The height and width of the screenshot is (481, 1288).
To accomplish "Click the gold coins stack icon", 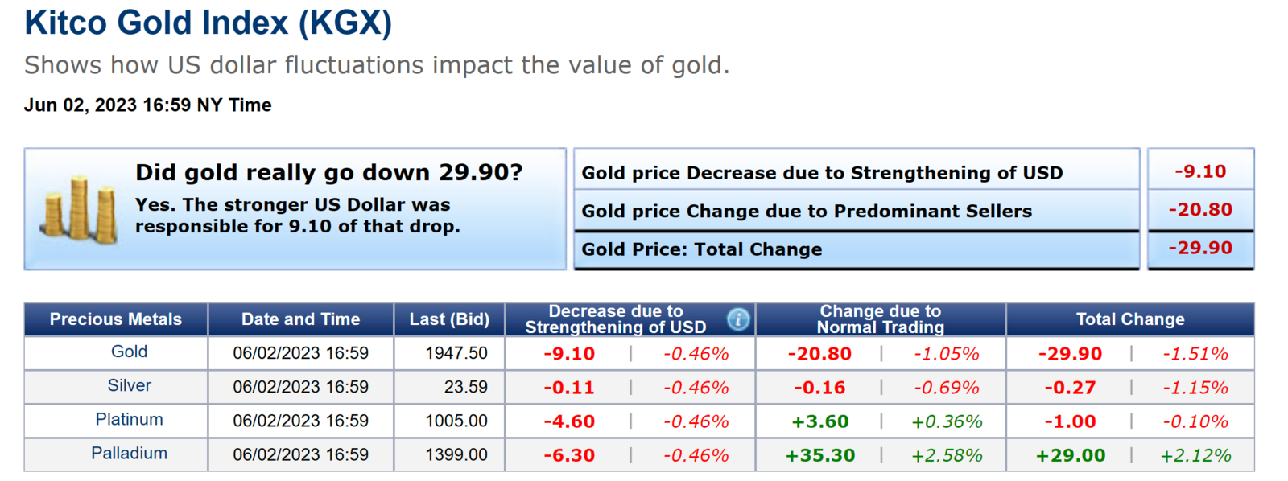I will (x=80, y=210).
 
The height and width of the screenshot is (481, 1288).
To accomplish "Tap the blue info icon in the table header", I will (x=738, y=319).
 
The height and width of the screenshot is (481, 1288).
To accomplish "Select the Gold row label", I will (x=129, y=351).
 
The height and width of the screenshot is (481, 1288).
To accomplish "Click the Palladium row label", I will (x=129, y=454).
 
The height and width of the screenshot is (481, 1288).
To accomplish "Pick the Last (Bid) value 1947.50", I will (x=456, y=353).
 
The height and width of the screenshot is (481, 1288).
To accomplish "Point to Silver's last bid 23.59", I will (x=465, y=387).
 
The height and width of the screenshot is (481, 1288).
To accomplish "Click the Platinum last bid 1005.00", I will (x=456, y=421).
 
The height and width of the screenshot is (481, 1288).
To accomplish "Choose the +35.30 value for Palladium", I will (x=820, y=455).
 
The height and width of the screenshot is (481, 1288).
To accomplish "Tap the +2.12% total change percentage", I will (x=1195, y=455).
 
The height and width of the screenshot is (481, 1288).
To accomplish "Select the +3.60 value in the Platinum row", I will (x=820, y=421).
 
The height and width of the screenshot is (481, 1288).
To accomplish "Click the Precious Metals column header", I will (x=116, y=319).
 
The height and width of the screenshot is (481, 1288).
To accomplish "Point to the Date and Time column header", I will (x=300, y=319).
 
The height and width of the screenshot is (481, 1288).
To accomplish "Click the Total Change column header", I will (x=1130, y=319).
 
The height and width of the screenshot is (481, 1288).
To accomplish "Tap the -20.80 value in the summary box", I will (x=1200, y=210).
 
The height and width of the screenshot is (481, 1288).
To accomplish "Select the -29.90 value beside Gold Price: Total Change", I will (x=1200, y=248).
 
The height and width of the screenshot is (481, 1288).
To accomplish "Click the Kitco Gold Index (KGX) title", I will (x=208, y=23).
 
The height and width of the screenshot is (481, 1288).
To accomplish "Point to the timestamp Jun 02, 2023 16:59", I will (x=148, y=105).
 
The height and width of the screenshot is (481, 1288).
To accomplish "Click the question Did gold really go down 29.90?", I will (x=328, y=172).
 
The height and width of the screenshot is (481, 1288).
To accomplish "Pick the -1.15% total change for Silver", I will (x=1195, y=388).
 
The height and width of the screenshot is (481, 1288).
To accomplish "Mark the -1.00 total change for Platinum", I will (x=1070, y=421).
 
